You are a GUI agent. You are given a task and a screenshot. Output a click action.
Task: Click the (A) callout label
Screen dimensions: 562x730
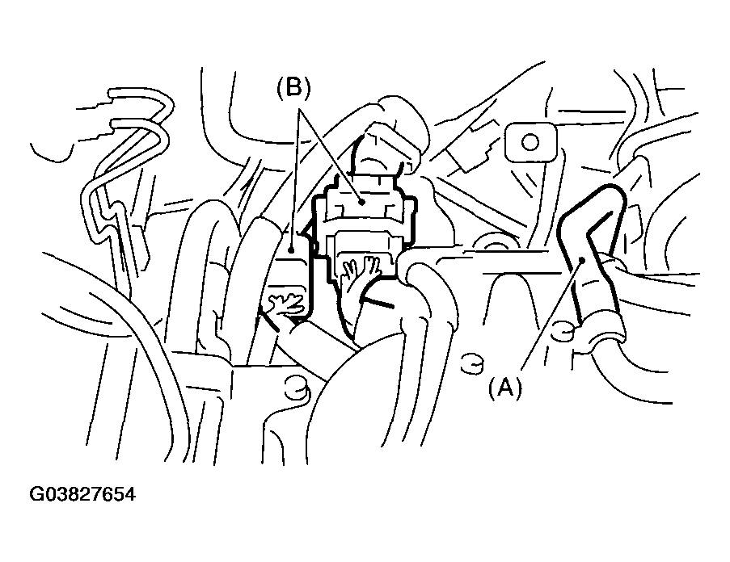(505, 388)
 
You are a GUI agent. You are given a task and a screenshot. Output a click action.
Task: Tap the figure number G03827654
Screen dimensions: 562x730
(82, 494)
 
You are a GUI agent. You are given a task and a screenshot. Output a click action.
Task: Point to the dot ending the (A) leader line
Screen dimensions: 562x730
(582, 260)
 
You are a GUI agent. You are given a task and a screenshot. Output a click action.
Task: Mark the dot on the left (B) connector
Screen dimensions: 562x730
(291, 239)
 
